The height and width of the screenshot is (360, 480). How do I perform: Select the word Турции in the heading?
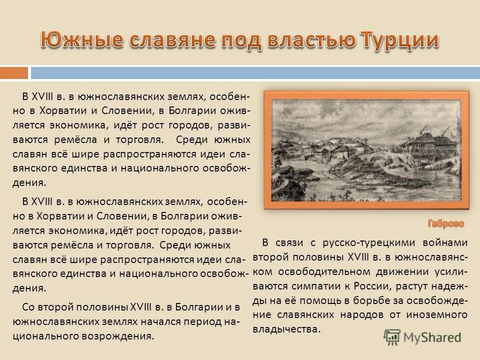(x=396, y=40)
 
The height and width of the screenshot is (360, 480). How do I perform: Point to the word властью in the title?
(x=305, y=40)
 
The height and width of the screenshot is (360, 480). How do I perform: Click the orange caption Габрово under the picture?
(x=445, y=223)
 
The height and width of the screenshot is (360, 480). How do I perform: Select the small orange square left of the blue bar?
(x=14, y=73)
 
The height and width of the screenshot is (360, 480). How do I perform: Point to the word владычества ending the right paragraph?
(x=285, y=329)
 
